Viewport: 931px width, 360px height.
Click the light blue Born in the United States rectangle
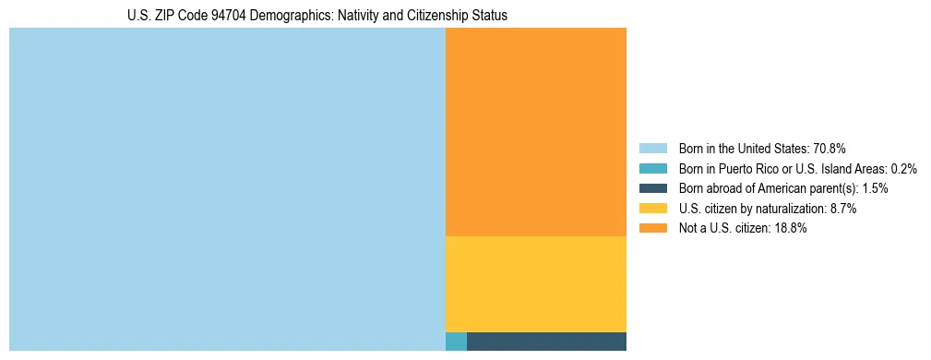click(x=227, y=189)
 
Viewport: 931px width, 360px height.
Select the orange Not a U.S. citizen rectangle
click(x=535, y=132)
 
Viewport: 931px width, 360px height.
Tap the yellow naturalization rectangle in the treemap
click(x=535, y=283)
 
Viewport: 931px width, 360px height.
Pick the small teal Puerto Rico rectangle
click(x=456, y=342)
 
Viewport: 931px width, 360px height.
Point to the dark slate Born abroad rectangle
click(x=546, y=342)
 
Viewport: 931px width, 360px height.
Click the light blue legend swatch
click(x=652, y=149)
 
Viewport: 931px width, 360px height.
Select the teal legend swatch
click(x=652, y=169)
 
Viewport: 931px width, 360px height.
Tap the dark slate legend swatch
click(x=652, y=188)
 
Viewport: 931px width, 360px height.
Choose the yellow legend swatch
click(x=652, y=209)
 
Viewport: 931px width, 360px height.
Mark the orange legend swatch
click(x=652, y=229)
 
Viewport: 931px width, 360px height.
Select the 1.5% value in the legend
click(x=875, y=188)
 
